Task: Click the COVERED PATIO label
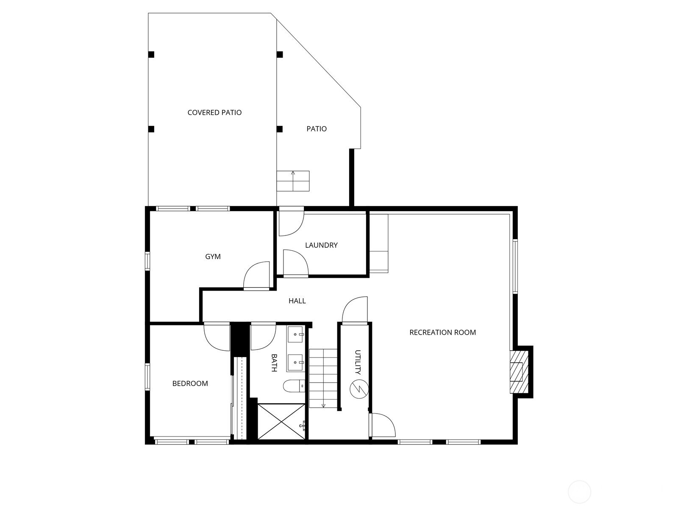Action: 214,112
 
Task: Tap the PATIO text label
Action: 316,129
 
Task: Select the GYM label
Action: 213,257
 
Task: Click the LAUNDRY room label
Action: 321,245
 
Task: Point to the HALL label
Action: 297,301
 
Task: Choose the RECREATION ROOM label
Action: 442,332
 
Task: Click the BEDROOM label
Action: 190,383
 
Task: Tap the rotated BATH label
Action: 274,363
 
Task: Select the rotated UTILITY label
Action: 358,362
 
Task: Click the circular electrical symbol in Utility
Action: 359,389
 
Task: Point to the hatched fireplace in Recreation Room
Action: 519,372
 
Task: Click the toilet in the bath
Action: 294,386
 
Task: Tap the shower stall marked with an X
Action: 281,421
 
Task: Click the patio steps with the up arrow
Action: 293,181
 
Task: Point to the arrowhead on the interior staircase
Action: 323,406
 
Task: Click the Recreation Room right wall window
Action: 515,266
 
